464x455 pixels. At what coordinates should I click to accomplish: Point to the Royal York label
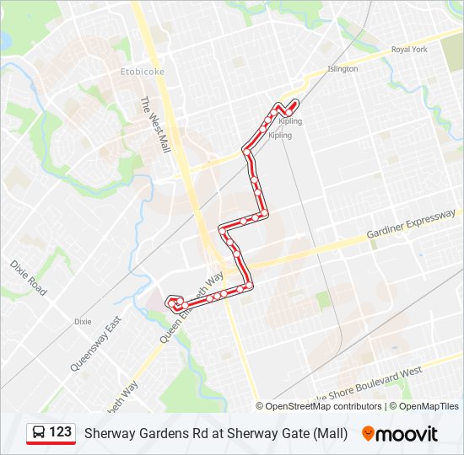[x=409, y=50]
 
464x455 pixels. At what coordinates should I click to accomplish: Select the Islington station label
[x=343, y=69]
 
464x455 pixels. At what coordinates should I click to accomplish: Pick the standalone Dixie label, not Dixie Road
[x=83, y=322]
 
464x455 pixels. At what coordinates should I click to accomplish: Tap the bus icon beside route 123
[x=39, y=432]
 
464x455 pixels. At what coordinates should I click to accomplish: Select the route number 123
[x=60, y=432]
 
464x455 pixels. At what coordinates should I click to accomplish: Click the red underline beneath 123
[x=51, y=443]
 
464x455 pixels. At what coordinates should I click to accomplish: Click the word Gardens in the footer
[x=160, y=433]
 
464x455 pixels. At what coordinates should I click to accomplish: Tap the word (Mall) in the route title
[x=331, y=433]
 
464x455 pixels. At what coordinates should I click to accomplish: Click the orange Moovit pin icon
[x=368, y=433]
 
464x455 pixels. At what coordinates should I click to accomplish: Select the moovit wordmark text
[x=407, y=433]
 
